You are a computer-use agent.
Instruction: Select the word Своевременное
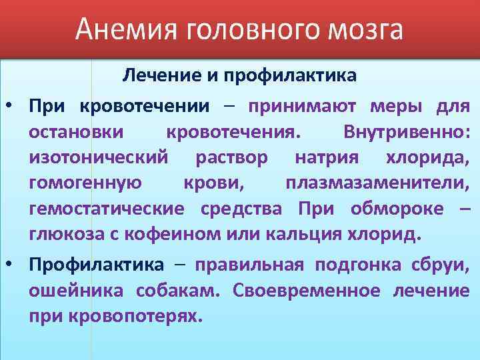point(308,291)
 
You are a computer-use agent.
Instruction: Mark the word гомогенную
point(84,183)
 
